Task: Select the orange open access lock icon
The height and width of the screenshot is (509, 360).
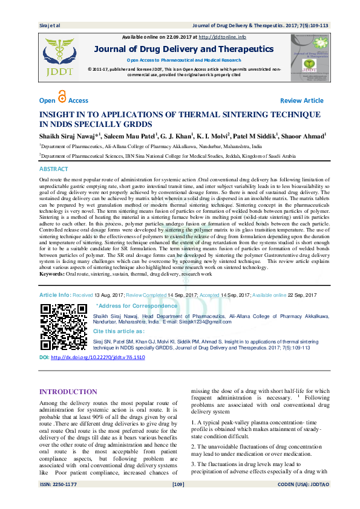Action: coord(61,98)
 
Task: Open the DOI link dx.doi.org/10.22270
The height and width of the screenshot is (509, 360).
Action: coord(98,358)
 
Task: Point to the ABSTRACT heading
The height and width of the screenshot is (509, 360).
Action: coord(54,169)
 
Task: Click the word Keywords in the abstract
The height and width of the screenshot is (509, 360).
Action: coord(52,274)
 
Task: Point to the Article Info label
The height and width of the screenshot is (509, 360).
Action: coord(55,294)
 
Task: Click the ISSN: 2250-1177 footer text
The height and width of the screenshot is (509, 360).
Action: coord(59,501)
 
